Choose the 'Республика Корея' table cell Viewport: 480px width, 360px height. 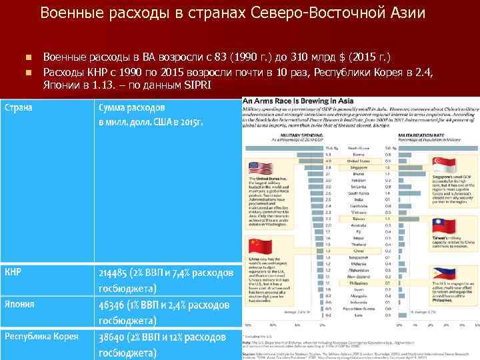click(41, 336)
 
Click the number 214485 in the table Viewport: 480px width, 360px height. click(118, 273)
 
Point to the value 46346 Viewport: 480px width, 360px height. click(115, 305)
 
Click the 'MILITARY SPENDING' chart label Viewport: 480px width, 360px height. click(287, 135)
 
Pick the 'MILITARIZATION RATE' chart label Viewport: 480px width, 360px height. click(417, 135)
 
